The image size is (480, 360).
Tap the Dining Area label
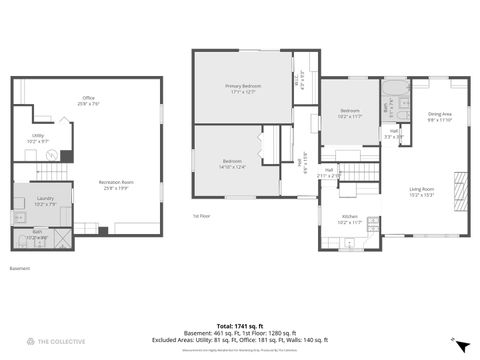point(441,114)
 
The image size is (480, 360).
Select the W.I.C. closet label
point(303,73)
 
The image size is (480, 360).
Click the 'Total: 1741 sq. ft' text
point(239,326)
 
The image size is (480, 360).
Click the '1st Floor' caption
point(201,215)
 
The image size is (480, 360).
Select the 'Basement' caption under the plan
point(20,268)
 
